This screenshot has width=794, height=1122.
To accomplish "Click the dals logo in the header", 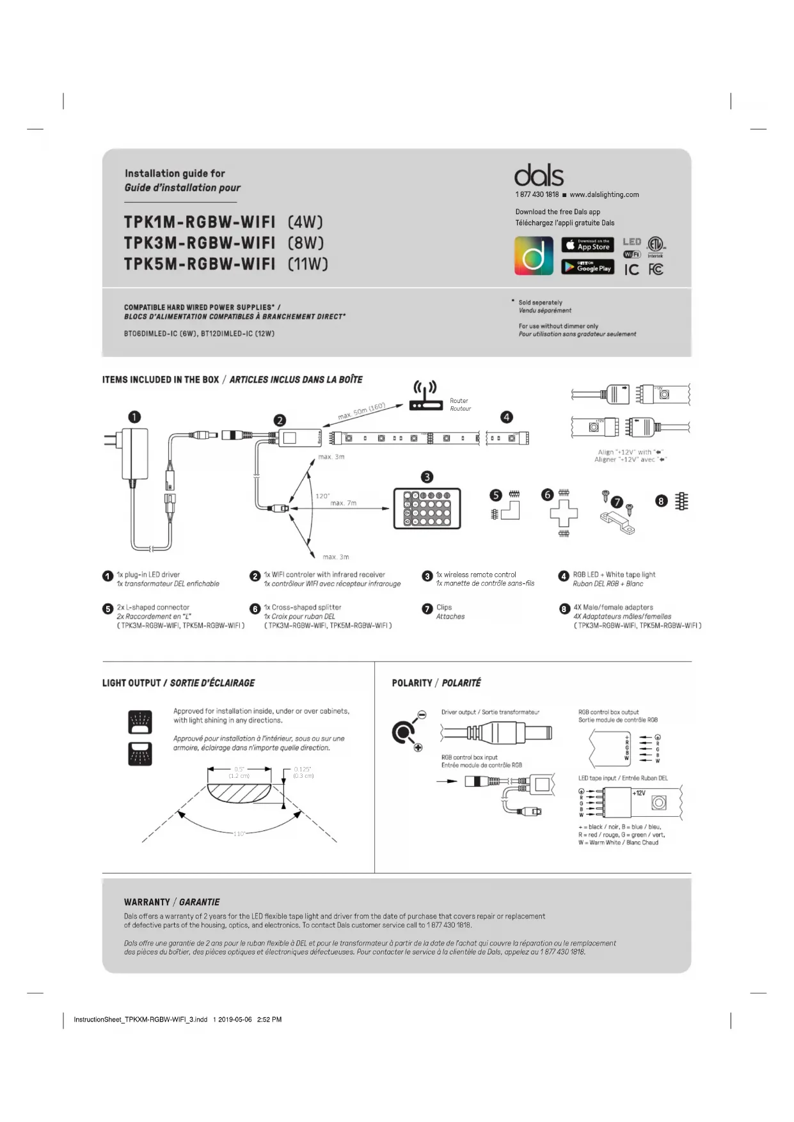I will click(x=539, y=175).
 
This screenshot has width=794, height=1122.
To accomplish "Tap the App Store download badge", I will click(x=587, y=245).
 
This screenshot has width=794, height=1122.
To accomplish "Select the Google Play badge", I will click(x=587, y=267).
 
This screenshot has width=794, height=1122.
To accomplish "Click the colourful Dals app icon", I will click(x=534, y=256).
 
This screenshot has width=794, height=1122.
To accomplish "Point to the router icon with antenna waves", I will click(x=425, y=397).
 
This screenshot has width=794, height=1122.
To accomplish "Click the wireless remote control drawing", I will click(x=427, y=509).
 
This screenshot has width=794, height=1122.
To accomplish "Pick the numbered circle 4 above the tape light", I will click(x=507, y=417).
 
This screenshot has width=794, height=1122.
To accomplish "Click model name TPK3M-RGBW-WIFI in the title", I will click(x=200, y=243).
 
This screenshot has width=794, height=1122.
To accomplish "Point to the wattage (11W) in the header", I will click(x=308, y=264).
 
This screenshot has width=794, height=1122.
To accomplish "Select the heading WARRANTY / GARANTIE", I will click(x=171, y=902).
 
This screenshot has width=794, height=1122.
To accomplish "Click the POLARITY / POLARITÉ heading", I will click(x=436, y=683).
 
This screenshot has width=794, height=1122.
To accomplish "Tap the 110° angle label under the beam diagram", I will click(x=239, y=834).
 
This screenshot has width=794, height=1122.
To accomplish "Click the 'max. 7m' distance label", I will click(x=343, y=503).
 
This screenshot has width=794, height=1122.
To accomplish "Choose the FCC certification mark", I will click(x=656, y=269).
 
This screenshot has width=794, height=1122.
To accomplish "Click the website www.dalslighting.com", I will click(x=604, y=194).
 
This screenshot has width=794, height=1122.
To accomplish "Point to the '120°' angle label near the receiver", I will click(x=322, y=496).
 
